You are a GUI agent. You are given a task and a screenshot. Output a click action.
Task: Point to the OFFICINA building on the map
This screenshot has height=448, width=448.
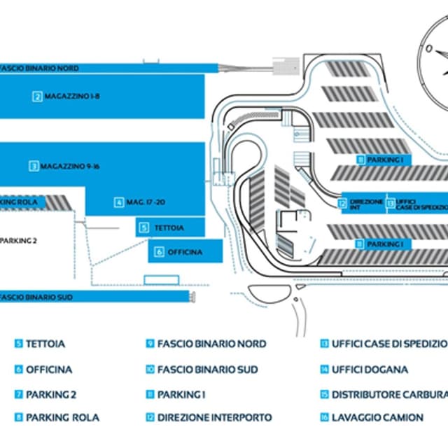(x=185, y=251)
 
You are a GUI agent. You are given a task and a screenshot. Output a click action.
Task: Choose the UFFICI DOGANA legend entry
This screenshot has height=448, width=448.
(x=370, y=369)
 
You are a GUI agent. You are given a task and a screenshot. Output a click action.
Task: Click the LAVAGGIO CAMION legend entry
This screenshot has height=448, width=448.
(x=377, y=417)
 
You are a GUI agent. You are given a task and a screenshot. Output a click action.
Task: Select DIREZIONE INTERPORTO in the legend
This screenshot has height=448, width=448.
(x=214, y=417)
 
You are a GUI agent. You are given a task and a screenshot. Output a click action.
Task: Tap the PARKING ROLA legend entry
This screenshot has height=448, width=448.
(x=62, y=417)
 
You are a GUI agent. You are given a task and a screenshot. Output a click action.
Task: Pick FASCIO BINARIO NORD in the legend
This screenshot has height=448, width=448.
(x=211, y=344)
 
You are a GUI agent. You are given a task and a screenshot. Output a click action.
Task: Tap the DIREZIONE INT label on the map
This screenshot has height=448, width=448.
(x=365, y=204)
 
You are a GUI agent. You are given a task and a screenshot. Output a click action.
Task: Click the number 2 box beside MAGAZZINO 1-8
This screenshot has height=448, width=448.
(x=37, y=96)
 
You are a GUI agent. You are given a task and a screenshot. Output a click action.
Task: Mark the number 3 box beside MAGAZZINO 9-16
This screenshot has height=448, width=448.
(x=33, y=167)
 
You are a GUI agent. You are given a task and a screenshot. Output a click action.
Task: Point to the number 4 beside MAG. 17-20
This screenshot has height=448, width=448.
(x=119, y=202)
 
